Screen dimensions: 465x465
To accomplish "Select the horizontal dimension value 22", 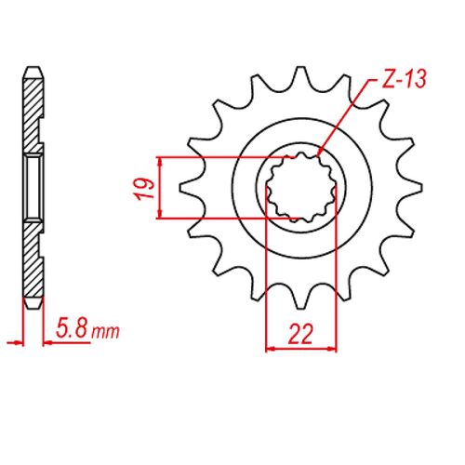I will click(300, 334).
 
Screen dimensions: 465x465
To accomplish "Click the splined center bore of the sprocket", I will click(300, 188).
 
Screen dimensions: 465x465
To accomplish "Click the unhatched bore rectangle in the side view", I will click(33, 187).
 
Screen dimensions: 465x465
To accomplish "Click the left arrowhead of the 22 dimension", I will click(272, 350).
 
